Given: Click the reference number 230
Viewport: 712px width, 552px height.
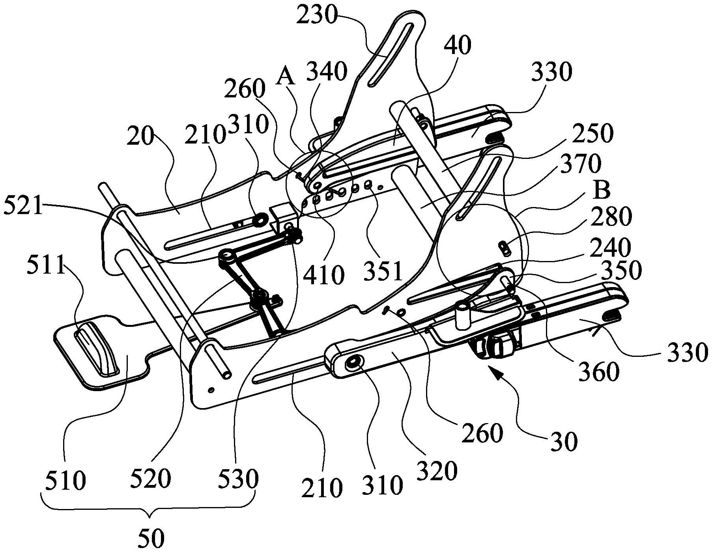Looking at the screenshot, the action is tap(318, 17).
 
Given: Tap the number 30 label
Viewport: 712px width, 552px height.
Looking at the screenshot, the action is tap(565, 442).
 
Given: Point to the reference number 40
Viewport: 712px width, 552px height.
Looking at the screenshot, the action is tap(458, 46).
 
